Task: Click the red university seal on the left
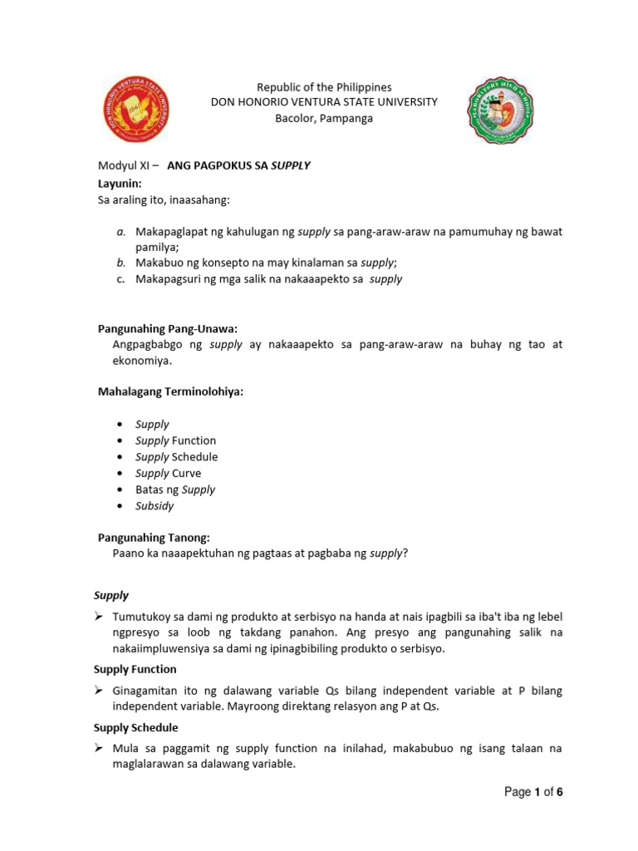click(135, 110)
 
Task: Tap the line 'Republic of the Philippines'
click(323, 86)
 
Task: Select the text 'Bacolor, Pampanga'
click(324, 118)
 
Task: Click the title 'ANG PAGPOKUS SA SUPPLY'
click(238, 165)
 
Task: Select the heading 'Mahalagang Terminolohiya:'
click(170, 391)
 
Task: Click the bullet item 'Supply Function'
click(175, 440)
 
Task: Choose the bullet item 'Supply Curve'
click(168, 473)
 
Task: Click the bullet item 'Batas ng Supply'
click(174, 489)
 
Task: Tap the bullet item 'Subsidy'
click(155, 505)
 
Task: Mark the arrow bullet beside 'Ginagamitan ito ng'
click(98, 691)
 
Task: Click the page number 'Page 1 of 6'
click(533, 792)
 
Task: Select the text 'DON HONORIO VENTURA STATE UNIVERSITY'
click(324, 102)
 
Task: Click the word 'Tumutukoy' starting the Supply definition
click(140, 616)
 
